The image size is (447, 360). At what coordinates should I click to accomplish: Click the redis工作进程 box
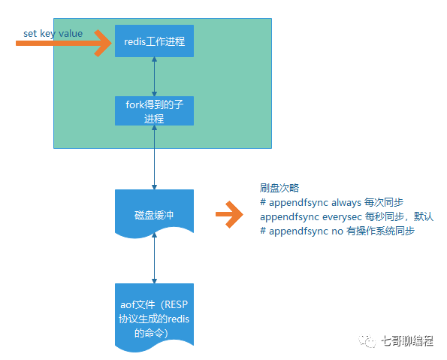click(154, 41)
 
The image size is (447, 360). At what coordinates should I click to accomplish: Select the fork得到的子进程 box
click(154, 111)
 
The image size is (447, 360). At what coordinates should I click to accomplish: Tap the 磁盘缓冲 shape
click(154, 213)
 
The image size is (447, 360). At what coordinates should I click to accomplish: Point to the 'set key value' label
click(53, 34)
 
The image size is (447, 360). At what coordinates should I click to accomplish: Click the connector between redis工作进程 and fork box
click(154, 76)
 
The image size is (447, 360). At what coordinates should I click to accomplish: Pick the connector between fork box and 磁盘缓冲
click(154, 158)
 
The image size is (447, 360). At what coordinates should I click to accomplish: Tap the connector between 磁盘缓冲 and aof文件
click(154, 258)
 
